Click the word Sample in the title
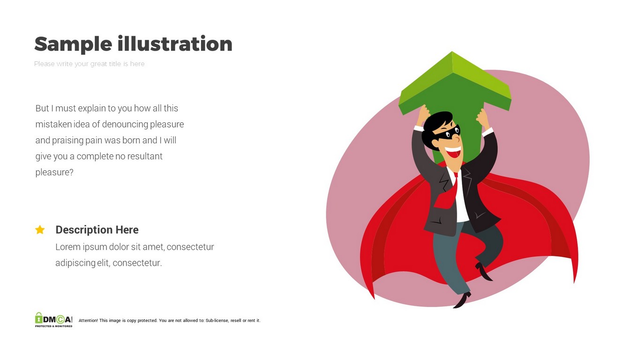(x=73, y=44)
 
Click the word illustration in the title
(x=175, y=44)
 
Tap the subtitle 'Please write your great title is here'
(x=89, y=64)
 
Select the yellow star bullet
(x=40, y=230)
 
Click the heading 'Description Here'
(x=97, y=230)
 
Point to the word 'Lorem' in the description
(x=68, y=247)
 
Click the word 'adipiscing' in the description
(x=75, y=263)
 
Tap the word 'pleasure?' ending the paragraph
(x=54, y=172)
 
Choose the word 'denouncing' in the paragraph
(x=125, y=124)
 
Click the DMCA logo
(x=54, y=320)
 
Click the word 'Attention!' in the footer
(x=88, y=321)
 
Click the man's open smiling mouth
(x=453, y=152)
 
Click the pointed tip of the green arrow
(x=452, y=52)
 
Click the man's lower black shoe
(x=462, y=300)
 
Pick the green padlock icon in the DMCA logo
(x=38, y=318)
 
